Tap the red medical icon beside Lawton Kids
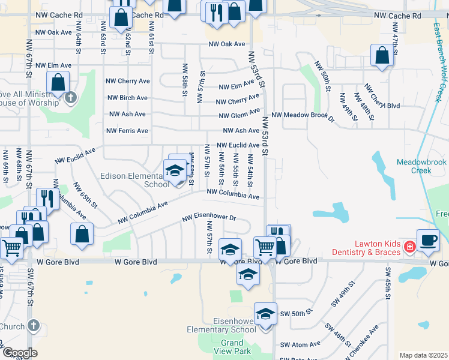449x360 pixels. (410, 247)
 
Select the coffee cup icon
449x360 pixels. (427, 240)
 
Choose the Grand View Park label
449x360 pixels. (232, 347)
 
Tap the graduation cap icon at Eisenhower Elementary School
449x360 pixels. (265, 314)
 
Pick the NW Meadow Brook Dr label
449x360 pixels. (303, 115)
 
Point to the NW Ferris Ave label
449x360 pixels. (127, 131)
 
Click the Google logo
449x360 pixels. (20, 352)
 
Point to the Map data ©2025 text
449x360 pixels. (423, 355)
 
